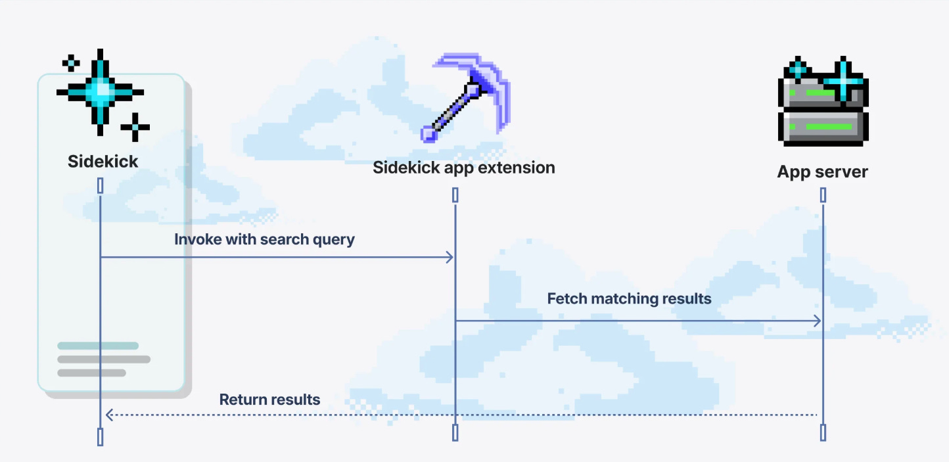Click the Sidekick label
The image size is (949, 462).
click(103, 162)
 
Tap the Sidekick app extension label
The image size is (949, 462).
click(463, 168)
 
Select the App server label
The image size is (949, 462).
click(822, 172)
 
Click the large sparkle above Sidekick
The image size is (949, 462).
click(100, 91)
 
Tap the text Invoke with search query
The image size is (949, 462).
click(264, 239)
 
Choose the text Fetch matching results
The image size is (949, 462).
click(629, 299)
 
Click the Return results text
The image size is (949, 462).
click(269, 400)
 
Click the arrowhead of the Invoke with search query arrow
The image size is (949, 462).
click(451, 257)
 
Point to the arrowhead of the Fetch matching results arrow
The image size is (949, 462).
click(818, 321)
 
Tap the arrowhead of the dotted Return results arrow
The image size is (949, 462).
click(108, 415)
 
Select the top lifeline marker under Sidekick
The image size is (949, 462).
click(101, 186)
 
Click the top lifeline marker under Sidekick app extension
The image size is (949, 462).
click(455, 195)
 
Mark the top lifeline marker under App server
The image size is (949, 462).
click(823, 195)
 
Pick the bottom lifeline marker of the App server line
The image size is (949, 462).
click(823, 432)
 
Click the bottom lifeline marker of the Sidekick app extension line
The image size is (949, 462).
click(455, 432)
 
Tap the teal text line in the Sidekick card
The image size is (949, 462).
click(98, 346)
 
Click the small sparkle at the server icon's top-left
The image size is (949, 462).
click(798, 68)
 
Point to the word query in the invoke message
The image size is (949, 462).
click(335, 240)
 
